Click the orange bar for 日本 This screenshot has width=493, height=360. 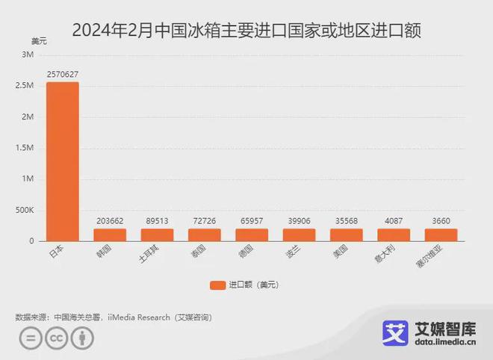pyautogui.click(x=62, y=161)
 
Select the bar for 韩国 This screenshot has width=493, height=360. pyautogui.click(x=110, y=235)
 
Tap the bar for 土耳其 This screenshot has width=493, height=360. pyautogui.click(x=157, y=235)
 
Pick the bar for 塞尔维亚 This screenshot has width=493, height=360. pyautogui.click(x=441, y=235)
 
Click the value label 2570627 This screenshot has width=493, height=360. pyautogui.click(x=62, y=75)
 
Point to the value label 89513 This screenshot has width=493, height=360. pyautogui.click(x=157, y=221)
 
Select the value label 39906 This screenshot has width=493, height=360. pyautogui.click(x=299, y=221)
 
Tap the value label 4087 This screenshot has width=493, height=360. pyautogui.click(x=394, y=221)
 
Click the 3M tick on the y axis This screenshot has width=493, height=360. pyautogui.click(x=28, y=55)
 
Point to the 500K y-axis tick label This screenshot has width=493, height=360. pyautogui.click(x=25, y=210)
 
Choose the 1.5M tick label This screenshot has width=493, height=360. pyautogui.click(x=25, y=148)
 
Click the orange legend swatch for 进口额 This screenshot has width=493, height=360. pyautogui.click(x=217, y=285)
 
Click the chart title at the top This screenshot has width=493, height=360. pyautogui.click(x=246, y=31)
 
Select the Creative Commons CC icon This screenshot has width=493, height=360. pyautogui.click(x=55, y=338)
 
